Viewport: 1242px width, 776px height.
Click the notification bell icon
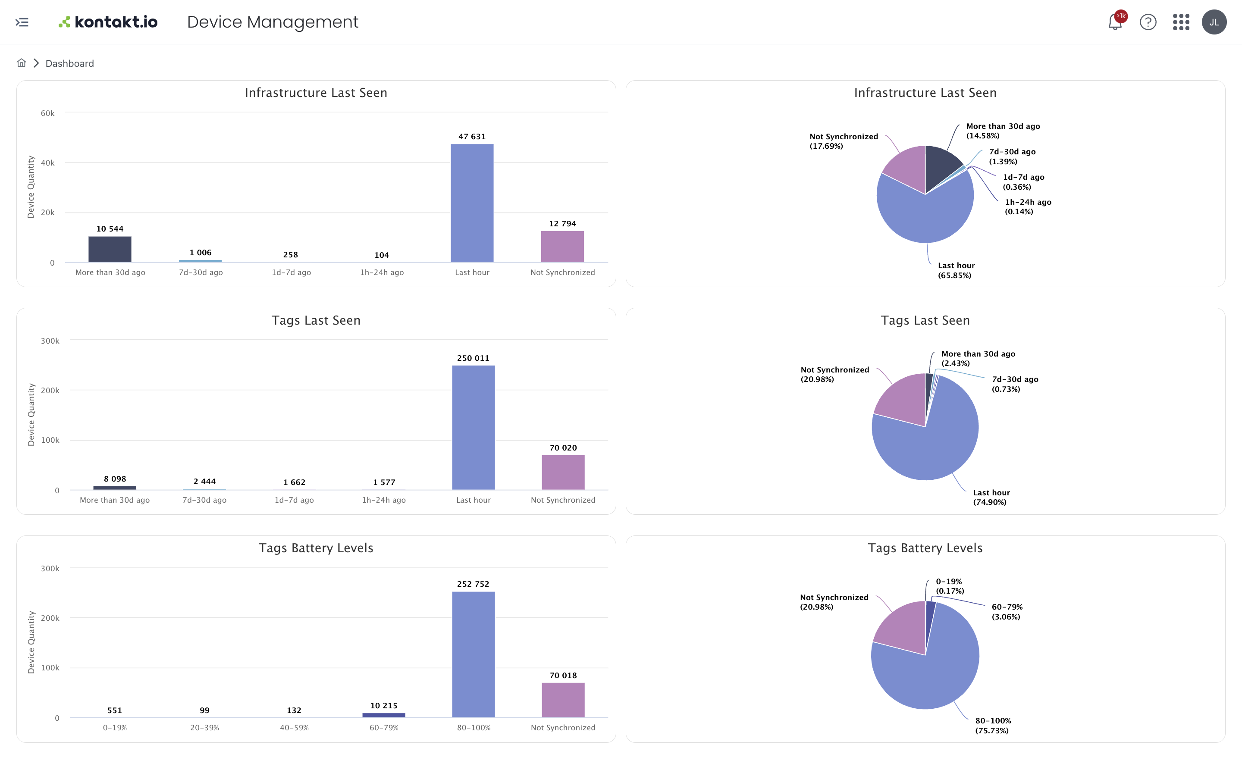[x=1114, y=22]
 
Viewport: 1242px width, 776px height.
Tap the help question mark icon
[x=1148, y=22]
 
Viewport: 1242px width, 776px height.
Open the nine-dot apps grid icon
[x=1180, y=22]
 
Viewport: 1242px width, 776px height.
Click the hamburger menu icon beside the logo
[x=22, y=22]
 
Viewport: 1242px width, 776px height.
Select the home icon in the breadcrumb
[x=21, y=63]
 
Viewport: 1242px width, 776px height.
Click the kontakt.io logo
[x=108, y=22]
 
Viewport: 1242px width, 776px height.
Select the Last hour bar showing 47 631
[x=472, y=203]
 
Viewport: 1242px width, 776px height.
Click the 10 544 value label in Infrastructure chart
[x=110, y=229]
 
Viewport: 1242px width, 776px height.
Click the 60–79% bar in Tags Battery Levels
[x=383, y=715]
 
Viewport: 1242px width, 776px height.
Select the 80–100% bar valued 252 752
[x=473, y=654]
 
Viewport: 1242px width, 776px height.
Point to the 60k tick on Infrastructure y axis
[x=48, y=113]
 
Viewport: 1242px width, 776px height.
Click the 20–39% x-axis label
[x=204, y=727]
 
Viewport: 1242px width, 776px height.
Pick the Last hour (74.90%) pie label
[x=991, y=497]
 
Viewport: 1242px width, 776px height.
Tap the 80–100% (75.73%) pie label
[x=993, y=725]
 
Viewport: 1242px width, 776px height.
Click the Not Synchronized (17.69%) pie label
[x=843, y=141]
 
